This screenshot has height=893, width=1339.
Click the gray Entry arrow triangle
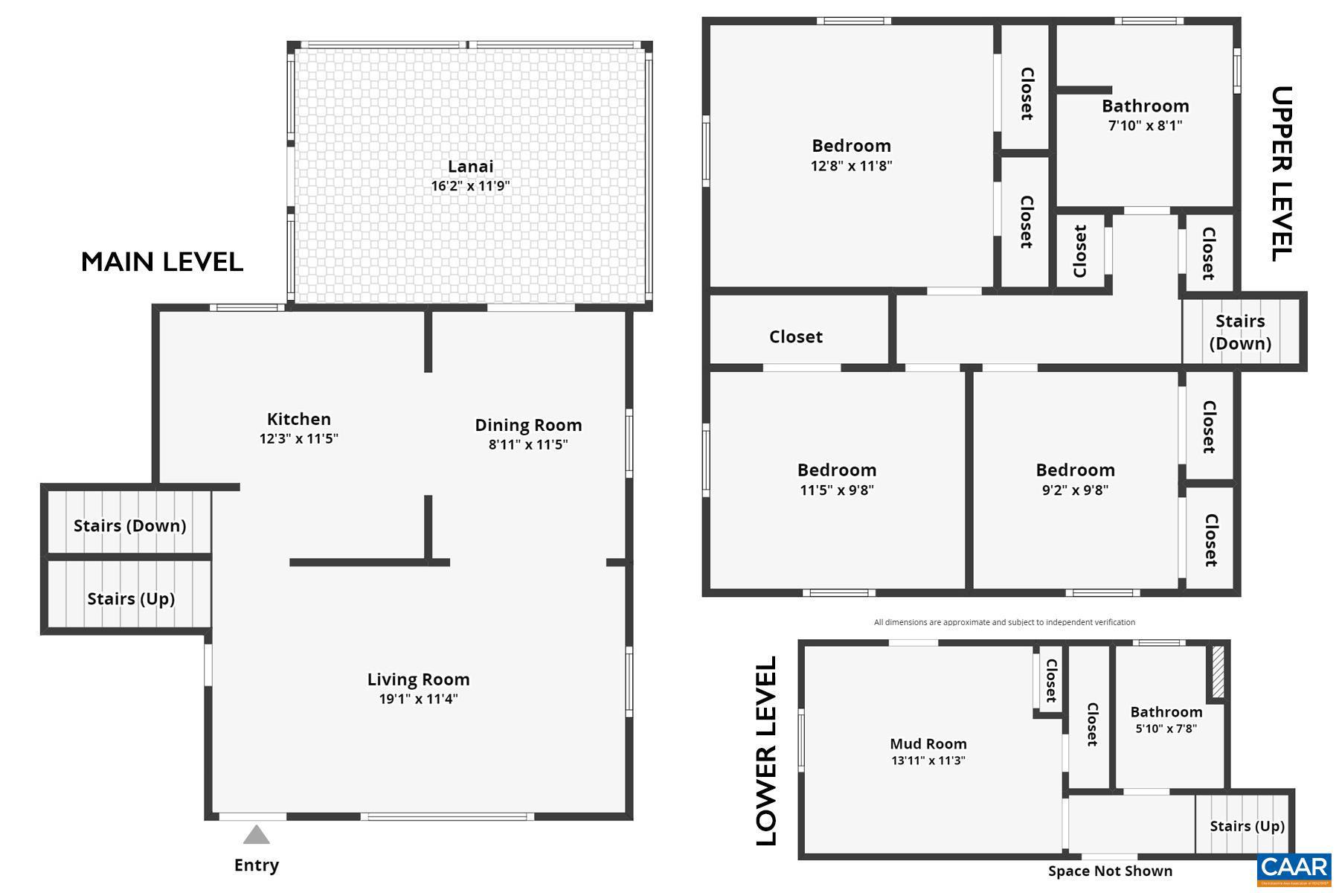pos(257,836)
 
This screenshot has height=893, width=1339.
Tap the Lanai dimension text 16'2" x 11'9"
pos(470,186)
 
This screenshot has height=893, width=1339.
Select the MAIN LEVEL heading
pos(162,262)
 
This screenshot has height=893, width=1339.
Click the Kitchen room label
pos(298,419)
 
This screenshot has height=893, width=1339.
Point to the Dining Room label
pos(528,425)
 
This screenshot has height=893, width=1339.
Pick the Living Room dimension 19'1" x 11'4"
pos(418,699)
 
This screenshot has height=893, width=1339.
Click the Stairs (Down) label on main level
pos(129,525)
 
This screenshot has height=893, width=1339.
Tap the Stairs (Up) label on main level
pos(131,599)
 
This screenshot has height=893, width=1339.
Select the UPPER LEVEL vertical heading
pos(1282,173)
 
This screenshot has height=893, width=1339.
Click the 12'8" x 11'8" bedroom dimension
pos(851,166)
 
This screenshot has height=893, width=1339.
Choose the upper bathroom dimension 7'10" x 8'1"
pos(1145,126)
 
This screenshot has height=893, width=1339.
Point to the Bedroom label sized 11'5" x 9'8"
pos(837,470)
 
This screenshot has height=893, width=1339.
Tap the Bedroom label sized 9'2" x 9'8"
pos(1075,470)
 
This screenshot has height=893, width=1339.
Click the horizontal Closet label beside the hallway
pos(795,336)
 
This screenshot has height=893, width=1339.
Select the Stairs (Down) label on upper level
pos(1240,332)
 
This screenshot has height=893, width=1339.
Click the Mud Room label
pos(928,743)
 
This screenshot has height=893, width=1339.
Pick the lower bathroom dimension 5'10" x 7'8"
pos(1166,729)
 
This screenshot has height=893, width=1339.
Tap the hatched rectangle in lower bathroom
pos(1218,671)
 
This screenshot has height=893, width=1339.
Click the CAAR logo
pos(1294,868)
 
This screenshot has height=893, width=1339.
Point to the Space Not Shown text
pos(1110,871)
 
